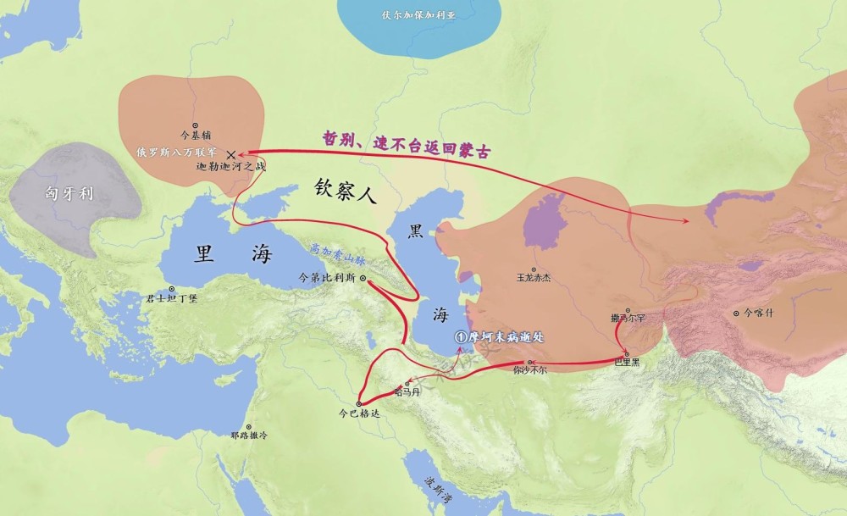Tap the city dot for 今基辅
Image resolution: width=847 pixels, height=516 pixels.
pyautogui.click(x=196, y=125)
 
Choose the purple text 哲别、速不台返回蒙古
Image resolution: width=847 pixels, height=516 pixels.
pyautogui.click(x=407, y=143)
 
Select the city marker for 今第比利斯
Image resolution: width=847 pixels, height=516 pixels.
pyautogui.click(x=363, y=278)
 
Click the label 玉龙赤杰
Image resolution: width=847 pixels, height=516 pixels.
pyautogui.click(x=533, y=276)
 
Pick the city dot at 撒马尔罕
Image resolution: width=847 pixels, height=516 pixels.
pyautogui.click(x=628, y=310)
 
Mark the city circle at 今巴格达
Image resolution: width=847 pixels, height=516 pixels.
pyautogui.click(x=359, y=403)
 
